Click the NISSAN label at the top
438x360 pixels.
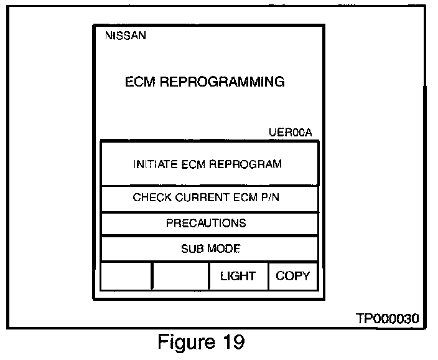[126, 36]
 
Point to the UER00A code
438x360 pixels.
[289, 133]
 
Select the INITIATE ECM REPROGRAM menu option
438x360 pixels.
[208, 164]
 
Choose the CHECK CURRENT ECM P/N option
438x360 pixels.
[208, 198]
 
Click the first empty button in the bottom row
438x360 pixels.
[126, 276]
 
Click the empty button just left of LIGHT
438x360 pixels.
[180, 276]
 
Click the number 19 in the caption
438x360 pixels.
[231, 342]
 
